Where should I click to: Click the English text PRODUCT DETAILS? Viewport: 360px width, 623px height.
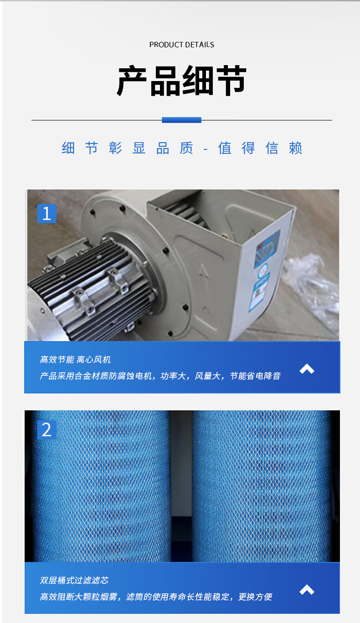point(182,45)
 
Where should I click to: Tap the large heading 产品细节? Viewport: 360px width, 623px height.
point(182,81)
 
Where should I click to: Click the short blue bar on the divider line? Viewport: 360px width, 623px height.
point(181,120)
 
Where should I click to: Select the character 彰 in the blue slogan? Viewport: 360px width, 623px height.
point(115,148)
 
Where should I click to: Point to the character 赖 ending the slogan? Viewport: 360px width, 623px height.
point(295,148)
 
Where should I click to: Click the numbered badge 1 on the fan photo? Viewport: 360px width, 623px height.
point(47,214)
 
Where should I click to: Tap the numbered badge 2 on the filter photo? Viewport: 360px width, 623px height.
point(47,430)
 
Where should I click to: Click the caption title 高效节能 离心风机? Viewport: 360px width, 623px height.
point(75,360)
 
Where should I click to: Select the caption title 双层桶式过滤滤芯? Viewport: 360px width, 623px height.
point(74,580)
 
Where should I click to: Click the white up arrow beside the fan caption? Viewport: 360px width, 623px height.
point(307,368)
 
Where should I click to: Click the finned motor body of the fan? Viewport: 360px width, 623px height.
point(92,289)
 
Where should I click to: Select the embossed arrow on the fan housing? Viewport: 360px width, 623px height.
point(204,271)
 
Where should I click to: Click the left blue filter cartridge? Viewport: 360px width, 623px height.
point(101,487)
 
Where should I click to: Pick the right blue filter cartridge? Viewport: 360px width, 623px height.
point(262,487)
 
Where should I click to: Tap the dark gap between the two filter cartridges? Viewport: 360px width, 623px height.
point(181,487)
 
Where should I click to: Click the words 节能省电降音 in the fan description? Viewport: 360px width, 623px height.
point(255,376)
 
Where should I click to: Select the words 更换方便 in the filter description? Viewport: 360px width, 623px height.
point(255,597)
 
